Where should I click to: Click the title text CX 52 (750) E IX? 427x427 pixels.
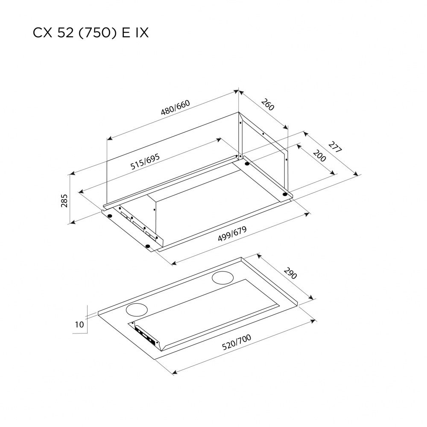(x=91, y=34)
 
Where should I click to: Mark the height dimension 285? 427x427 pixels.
(x=64, y=200)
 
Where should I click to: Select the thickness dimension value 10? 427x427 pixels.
(x=79, y=325)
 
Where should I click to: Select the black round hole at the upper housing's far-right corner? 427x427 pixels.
(x=284, y=195)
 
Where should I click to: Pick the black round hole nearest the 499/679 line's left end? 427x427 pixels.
(x=148, y=246)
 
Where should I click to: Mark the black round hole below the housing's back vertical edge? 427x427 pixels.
(x=247, y=164)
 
